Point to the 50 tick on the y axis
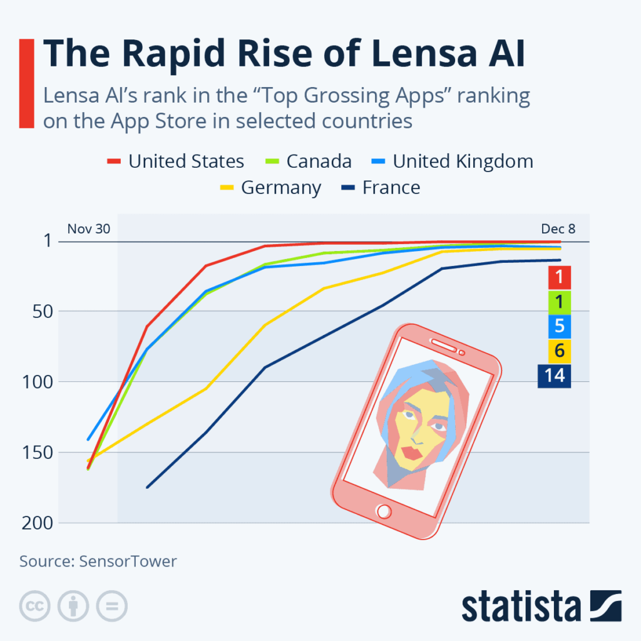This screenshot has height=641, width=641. point(43,311)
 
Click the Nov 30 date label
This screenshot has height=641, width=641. point(89,228)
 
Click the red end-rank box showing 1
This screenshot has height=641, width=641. point(559,277)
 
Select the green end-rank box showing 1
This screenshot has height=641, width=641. point(559,302)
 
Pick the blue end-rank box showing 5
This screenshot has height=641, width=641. point(559,327)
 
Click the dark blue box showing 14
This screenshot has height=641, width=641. point(554,376)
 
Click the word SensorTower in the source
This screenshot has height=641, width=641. point(128,561)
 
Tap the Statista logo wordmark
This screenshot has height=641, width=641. point(521,607)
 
